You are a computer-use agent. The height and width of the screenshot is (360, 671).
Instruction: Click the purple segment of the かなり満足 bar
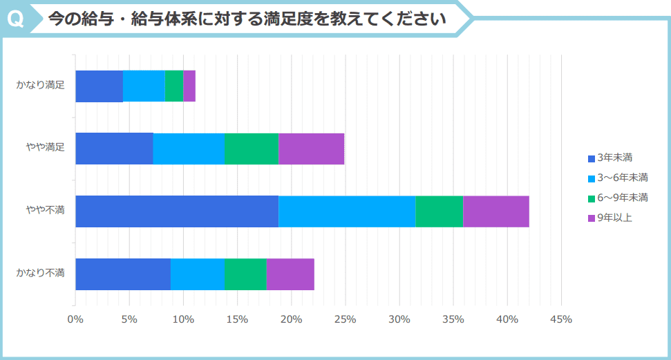(x=189, y=86)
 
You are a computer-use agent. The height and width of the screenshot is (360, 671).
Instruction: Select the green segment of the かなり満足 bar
(x=174, y=86)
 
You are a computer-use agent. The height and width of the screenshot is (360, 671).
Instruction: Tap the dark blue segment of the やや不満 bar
(x=177, y=211)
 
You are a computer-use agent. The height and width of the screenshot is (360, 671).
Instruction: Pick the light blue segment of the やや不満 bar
(x=347, y=211)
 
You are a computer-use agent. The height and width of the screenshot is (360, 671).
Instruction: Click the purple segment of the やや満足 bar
(x=312, y=149)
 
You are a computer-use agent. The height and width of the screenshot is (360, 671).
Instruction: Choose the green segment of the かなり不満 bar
(x=245, y=274)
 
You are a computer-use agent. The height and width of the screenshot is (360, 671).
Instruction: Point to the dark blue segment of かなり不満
(x=123, y=274)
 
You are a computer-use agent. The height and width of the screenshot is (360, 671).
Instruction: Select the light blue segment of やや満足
(x=189, y=149)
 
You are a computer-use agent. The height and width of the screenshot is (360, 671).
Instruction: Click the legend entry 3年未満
(x=615, y=158)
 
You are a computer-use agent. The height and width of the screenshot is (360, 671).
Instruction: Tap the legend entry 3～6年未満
(x=622, y=178)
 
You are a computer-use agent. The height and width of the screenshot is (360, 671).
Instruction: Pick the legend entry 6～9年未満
(x=622, y=198)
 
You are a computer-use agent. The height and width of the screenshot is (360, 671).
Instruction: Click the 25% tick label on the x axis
(x=345, y=319)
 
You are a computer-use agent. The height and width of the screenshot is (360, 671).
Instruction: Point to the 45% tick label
(x=560, y=319)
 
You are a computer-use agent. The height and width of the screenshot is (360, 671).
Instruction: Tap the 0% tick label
(x=75, y=319)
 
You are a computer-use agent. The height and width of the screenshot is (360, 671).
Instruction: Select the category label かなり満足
(x=41, y=86)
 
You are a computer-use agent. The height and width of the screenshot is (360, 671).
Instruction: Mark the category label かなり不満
(x=41, y=273)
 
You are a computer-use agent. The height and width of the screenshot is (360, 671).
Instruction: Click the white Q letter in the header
(x=15, y=19)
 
